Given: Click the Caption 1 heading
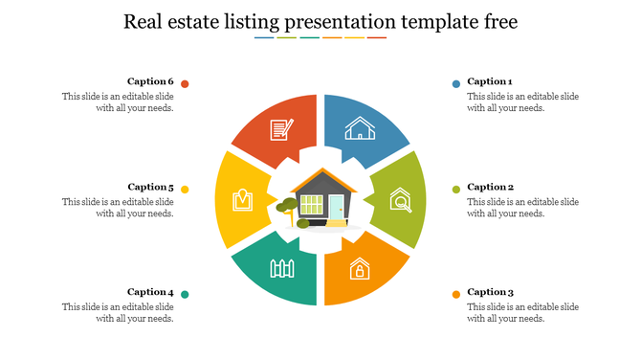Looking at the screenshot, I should click(x=490, y=82).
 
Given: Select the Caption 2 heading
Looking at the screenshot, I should click(x=490, y=188).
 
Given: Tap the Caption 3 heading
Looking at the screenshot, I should click(x=490, y=292).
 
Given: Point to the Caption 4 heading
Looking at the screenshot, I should click(x=151, y=292).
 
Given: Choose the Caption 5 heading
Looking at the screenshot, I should click(x=151, y=188).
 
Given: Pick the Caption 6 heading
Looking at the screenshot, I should click(x=151, y=82).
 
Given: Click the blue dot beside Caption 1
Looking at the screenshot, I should click(x=456, y=84).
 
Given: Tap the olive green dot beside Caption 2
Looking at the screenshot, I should click(x=456, y=190).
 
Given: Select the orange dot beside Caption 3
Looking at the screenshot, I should click(x=456, y=294).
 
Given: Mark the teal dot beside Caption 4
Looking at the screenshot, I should click(x=185, y=294).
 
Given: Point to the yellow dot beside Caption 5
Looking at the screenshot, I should click(x=185, y=190).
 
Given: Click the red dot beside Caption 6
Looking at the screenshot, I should click(x=185, y=84).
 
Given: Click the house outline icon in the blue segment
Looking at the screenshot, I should click(x=361, y=128).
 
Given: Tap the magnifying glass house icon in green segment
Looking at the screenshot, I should click(x=401, y=200).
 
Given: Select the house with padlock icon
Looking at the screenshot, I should click(x=360, y=268).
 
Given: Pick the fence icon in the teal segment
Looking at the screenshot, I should click(x=280, y=268).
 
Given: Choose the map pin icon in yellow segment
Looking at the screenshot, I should click(x=242, y=200).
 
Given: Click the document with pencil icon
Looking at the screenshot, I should click(x=281, y=128).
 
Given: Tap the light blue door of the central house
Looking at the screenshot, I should click(x=336, y=207).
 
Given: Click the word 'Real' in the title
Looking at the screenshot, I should click(x=144, y=22).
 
